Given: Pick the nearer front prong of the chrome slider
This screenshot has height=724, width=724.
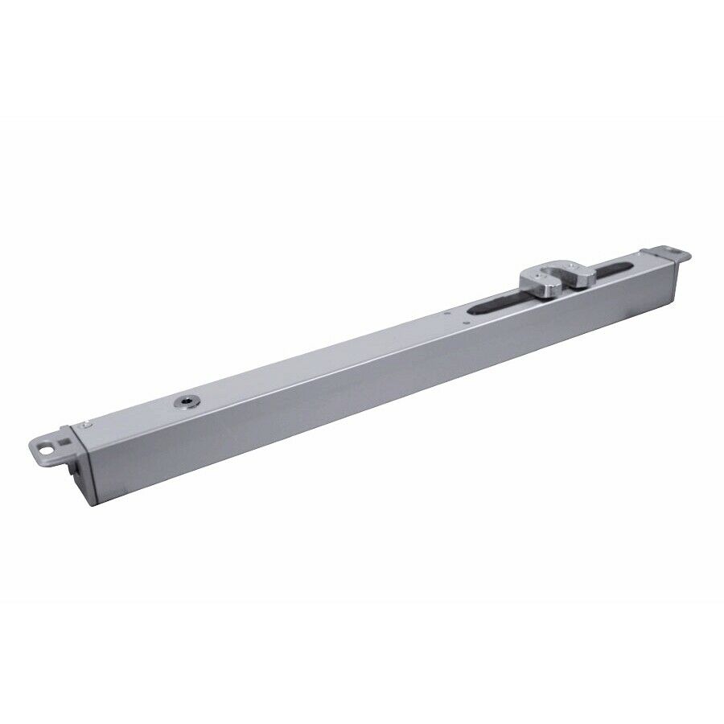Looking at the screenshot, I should click(x=539, y=282).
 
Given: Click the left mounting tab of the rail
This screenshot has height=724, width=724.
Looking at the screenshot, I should click(x=53, y=447).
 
